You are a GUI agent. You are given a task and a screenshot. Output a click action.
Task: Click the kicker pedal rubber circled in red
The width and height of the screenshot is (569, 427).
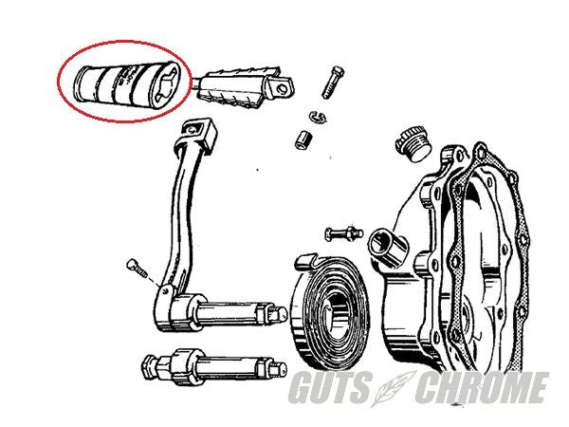[x=126, y=85]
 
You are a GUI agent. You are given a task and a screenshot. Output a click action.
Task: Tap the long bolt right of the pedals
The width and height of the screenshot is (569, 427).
[x=333, y=82]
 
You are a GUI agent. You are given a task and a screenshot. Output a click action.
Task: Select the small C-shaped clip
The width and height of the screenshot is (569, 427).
[x=318, y=117]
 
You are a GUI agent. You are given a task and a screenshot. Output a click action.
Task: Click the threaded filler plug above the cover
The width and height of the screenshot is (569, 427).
[x=413, y=144]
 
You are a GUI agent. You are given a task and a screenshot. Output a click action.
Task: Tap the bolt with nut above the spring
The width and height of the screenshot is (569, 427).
[x=343, y=233]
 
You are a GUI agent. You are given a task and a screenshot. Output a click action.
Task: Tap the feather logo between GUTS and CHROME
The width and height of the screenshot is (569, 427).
[x=395, y=388]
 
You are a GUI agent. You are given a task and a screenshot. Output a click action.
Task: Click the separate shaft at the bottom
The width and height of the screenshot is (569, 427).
[x=214, y=366]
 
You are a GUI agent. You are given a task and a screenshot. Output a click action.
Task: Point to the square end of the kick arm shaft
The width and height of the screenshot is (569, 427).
[x=280, y=314]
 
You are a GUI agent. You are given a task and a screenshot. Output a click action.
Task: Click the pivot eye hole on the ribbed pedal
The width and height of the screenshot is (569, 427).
[x=282, y=88]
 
